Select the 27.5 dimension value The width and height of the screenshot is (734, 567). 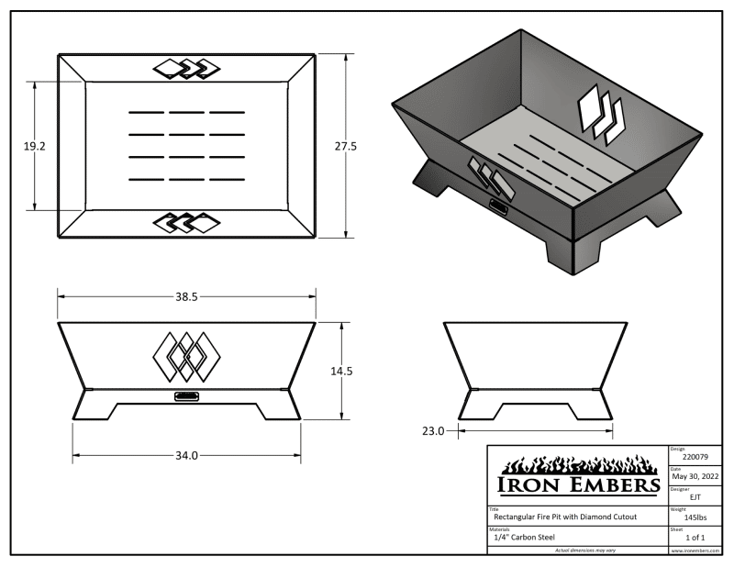click(x=346, y=145)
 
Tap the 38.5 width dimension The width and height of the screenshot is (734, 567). click(x=186, y=296)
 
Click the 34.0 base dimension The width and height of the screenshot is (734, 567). click(x=186, y=455)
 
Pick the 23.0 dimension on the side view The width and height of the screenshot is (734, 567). click(x=433, y=429)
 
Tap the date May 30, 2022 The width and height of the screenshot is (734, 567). click(x=695, y=477)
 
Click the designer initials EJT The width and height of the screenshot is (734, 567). click(x=695, y=497)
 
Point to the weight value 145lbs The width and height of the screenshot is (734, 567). click(x=695, y=517)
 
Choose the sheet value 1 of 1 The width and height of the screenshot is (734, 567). click(x=695, y=537)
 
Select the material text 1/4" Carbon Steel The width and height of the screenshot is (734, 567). click(x=524, y=537)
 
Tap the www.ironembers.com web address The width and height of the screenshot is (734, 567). click(x=695, y=550)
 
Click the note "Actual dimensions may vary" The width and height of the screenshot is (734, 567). click(x=577, y=550)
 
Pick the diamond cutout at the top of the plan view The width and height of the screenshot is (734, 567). click(x=187, y=67)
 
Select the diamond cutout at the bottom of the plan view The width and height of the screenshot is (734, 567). click(x=187, y=221)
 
